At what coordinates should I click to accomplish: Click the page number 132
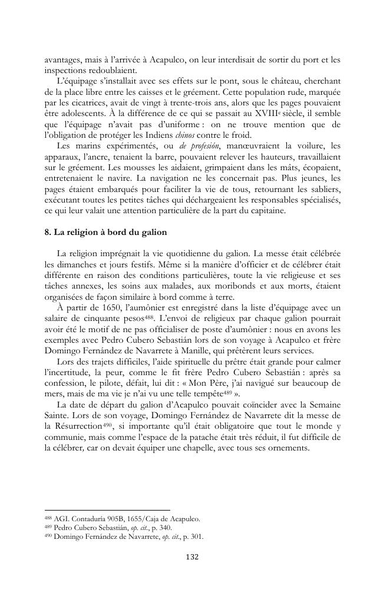(191, 555)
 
